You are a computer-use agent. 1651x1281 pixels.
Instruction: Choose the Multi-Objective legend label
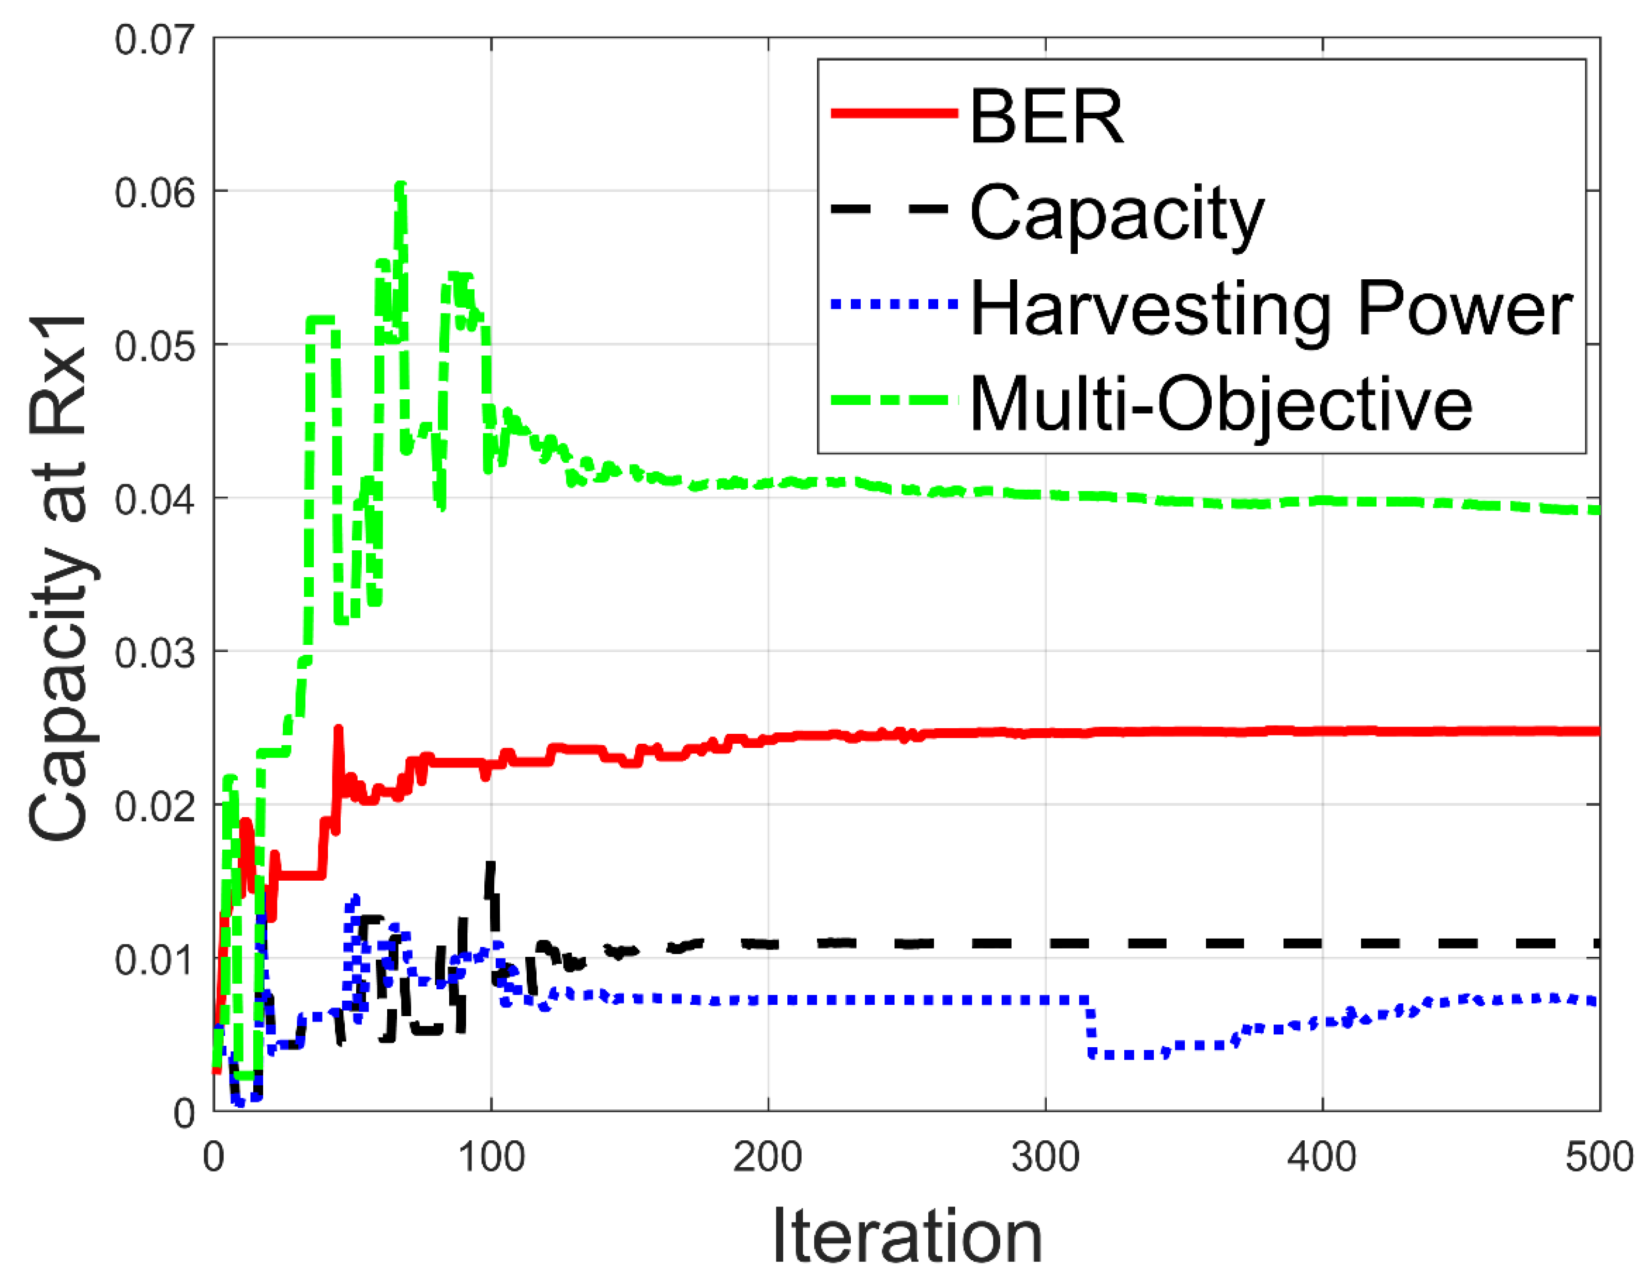pos(1221,404)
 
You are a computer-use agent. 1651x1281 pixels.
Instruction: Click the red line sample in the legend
pos(894,113)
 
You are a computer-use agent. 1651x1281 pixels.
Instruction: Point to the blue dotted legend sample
pos(894,304)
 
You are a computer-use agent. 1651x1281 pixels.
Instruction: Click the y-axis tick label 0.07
pos(154,39)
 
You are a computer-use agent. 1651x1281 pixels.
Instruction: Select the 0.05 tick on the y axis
pos(154,346)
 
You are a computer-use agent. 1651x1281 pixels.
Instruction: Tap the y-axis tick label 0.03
pos(154,653)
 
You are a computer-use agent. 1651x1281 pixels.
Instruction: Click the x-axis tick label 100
pos(492,1157)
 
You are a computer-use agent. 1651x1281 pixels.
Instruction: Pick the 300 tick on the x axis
pos(1046,1157)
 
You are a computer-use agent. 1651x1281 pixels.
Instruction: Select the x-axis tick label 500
pos(1599,1157)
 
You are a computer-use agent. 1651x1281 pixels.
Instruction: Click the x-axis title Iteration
pos(907,1237)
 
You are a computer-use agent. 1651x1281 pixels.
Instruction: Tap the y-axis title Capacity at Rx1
pos(59,579)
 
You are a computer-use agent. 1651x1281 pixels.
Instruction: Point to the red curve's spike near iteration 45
pos(338,729)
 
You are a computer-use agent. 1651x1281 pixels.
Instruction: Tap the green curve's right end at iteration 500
pos(1597,510)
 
